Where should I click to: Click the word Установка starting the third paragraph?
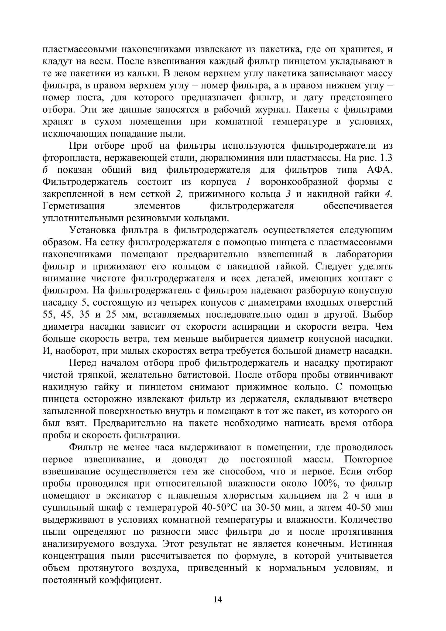(x=92, y=230)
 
